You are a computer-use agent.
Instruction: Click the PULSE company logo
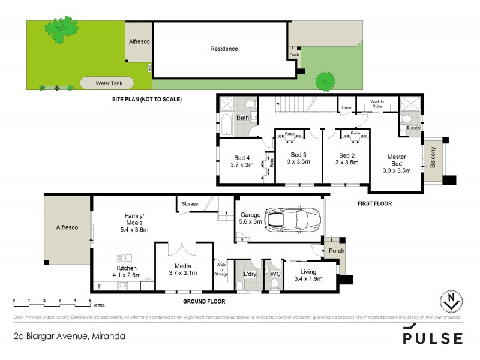(432, 336)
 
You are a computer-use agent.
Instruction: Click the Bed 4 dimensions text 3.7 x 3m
(243, 166)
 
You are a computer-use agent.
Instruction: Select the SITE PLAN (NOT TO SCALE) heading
(146, 100)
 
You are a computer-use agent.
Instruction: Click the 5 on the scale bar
(89, 299)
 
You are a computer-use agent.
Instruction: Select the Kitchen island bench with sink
(127, 257)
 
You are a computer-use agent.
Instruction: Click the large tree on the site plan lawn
(64, 31)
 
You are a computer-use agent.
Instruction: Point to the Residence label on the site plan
(223, 49)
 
